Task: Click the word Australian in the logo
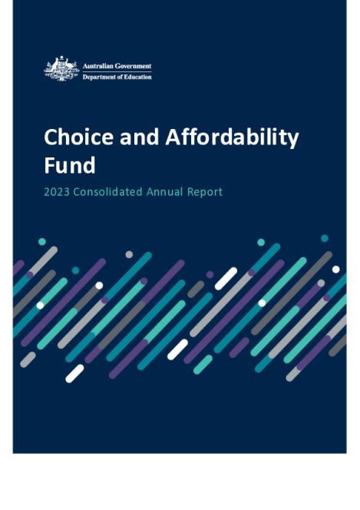pyautogui.click(x=99, y=67)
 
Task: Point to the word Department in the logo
pyautogui.click(x=101, y=77)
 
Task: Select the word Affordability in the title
pyautogui.click(x=230, y=137)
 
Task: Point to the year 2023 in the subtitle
pyautogui.click(x=58, y=192)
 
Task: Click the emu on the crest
pyautogui.click(x=71, y=68)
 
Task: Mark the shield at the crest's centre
pyautogui.click(x=61, y=68)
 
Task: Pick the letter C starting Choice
pyautogui.click(x=51, y=137)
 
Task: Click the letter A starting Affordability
pyautogui.click(x=171, y=137)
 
